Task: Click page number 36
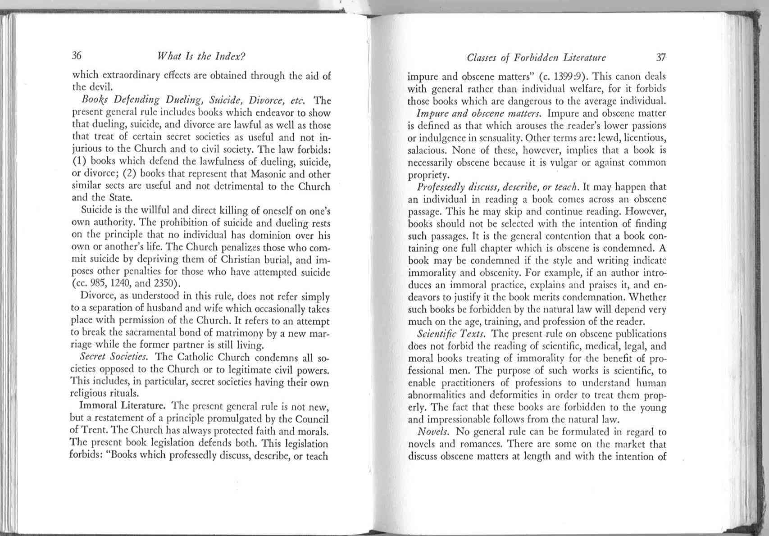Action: pyautogui.click(x=77, y=56)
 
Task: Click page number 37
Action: pyautogui.click(x=661, y=57)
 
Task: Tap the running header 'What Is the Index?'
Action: pyautogui.click(x=200, y=57)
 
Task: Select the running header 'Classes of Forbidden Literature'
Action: pyautogui.click(x=536, y=58)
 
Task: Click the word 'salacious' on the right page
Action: pyautogui.click(x=426, y=150)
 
